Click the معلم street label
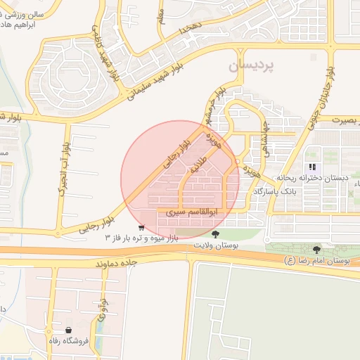click(x=160, y=14)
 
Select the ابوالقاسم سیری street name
click(x=186, y=211)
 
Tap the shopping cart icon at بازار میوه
click(x=142, y=228)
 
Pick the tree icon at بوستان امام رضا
click(x=316, y=249)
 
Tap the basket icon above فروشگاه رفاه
click(x=68, y=330)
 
